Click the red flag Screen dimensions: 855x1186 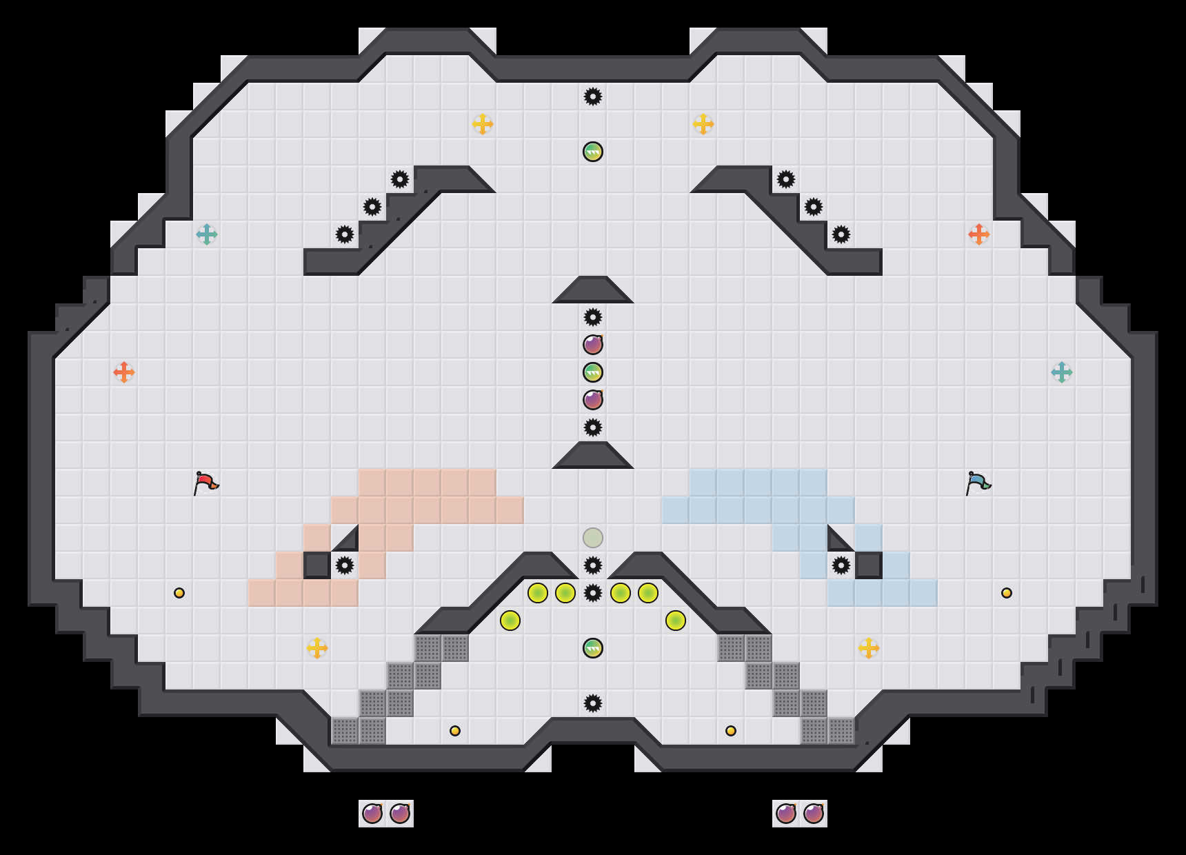pos(205,483)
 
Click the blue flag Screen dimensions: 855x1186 pos(978,483)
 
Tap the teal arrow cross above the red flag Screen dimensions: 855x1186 pos(207,234)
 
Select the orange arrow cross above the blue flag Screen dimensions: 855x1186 pos(979,234)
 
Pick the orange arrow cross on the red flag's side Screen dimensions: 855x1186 pos(124,372)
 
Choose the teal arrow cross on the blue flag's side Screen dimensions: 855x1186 pos(1062,372)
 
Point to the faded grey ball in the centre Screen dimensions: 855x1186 pos(593,538)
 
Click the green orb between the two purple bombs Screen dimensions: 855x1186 pos(593,372)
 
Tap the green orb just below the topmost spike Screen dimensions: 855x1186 pos(593,152)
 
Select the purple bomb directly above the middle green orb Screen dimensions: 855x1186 pos(593,345)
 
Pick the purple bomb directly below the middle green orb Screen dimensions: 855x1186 pos(593,400)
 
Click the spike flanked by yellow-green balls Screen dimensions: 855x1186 pos(593,593)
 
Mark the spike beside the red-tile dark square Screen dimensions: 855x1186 pos(345,565)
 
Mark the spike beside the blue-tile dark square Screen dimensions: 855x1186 pos(841,565)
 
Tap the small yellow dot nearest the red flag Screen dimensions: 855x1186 pos(179,593)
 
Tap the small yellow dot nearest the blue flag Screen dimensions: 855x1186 pos(1007,593)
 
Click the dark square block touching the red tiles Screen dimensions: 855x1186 pos(317,565)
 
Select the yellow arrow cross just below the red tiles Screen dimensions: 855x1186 pos(317,648)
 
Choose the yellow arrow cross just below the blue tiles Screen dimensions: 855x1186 pos(869,648)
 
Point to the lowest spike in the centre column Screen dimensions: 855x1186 pos(593,703)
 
